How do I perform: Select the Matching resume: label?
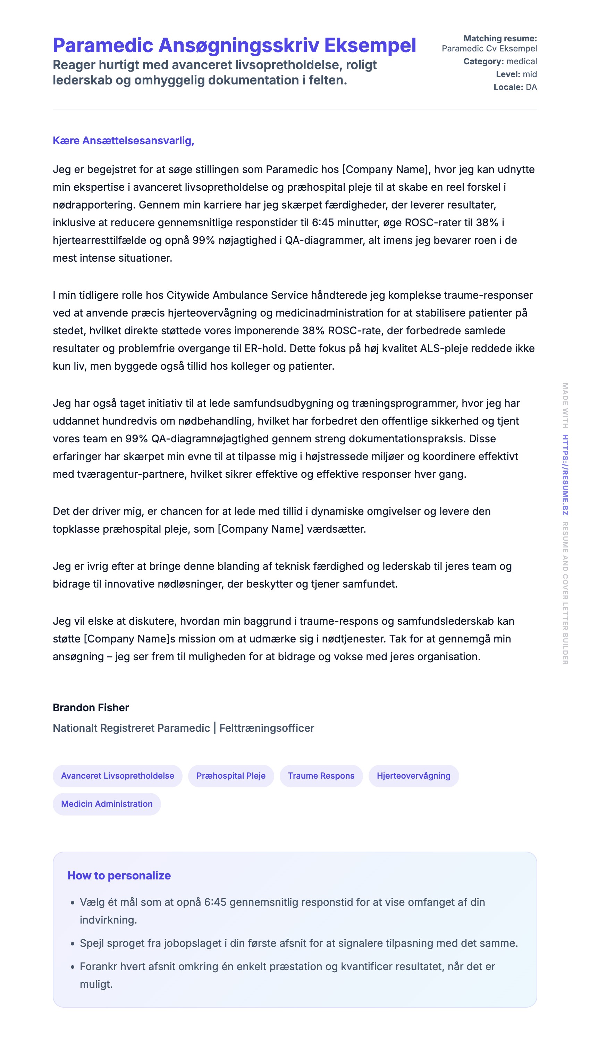pyautogui.click(x=500, y=39)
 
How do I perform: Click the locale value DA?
pyautogui.click(x=531, y=87)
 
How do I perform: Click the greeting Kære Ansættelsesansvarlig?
pyautogui.click(x=123, y=140)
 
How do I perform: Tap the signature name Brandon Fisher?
pyautogui.click(x=91, y=707)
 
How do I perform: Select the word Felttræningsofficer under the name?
pyautogui.click(x=267, y=728)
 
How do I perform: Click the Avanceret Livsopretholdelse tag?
pyautogui.click(x=118, y=776)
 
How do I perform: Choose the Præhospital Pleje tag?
pyautogui.click(x=231, y=776)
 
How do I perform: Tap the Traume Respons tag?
pyautogui.click(x=321, y=776)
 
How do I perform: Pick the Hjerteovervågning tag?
pyautogui.click(x=413, y=776)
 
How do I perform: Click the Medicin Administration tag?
pyautogui.click(x=107, y=804)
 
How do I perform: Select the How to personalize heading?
pyautogui.click(x=119, y=876)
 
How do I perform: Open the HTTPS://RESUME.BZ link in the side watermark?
pyautogui.click(x=565, y=475)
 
